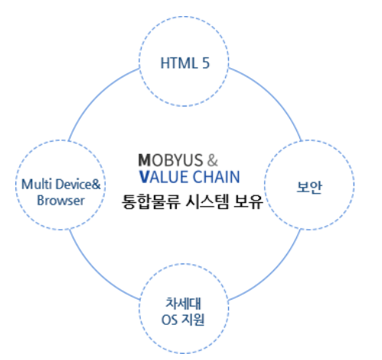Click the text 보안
click(x=311, y=186)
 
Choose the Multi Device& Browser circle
click(x=51, y=191)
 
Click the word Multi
click(x=32, y=184)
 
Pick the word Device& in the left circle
click(x=66, y=184)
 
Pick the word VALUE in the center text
click(x=161, y=178)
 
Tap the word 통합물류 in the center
click(x=148, y=203)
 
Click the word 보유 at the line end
click(x=250, y=203)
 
